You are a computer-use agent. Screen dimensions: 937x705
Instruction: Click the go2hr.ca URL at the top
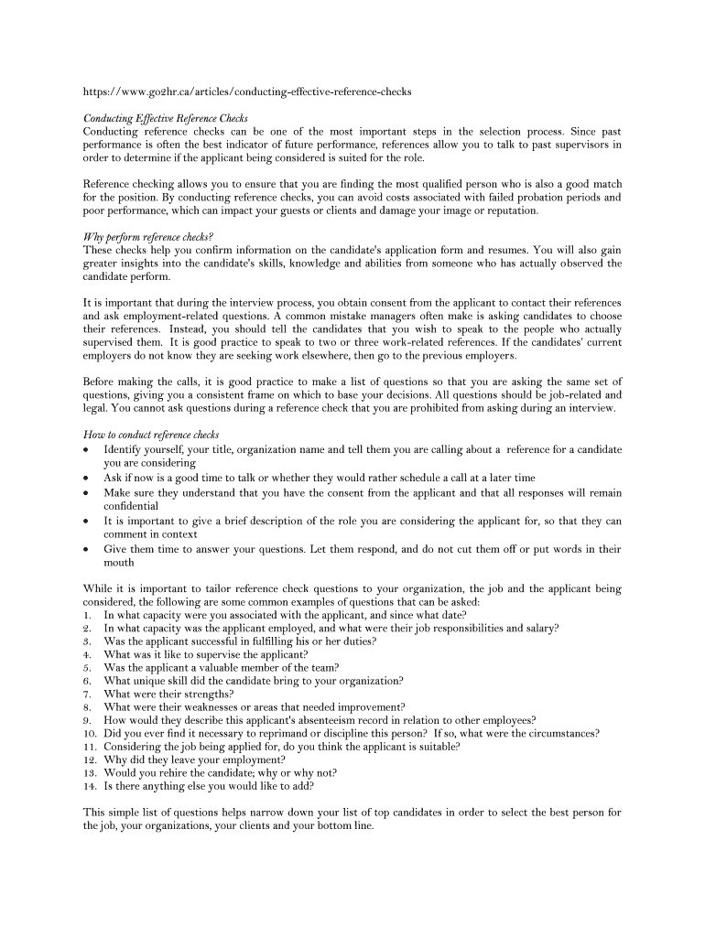[x=247, y=92]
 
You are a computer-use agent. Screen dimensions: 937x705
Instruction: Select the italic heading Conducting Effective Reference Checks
[x=166, y=118]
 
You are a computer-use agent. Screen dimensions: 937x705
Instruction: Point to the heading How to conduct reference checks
[x=151, y=435]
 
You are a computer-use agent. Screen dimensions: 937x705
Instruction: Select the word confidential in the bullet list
[x=131, y=506]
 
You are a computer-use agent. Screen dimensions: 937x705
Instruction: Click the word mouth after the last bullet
[x=119, y=563]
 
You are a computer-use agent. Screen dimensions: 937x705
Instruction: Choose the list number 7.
[x=87, y=695]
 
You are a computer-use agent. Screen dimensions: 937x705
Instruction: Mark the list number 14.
[x=90, y=785]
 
